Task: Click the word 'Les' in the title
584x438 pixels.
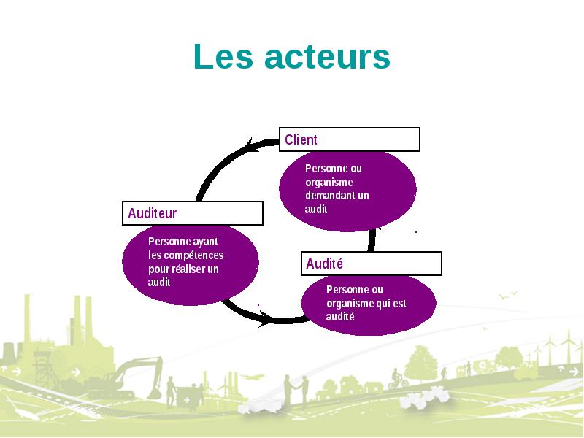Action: coord(223,57)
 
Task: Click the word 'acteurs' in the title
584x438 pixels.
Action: coord(327,57)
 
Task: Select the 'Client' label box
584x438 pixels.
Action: coord(350,139)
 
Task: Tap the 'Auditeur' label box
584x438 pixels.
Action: coord(193,213)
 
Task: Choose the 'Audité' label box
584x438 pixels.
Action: coord(372,264)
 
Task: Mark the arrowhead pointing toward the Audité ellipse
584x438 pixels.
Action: coord(266,319)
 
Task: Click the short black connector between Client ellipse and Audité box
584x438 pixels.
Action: coord(372,240)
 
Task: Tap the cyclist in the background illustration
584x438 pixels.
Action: coord(398,379)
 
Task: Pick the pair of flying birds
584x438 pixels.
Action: coord(508,295)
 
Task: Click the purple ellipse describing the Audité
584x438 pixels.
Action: coord(369,305)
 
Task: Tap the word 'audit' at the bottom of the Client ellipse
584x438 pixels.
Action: coord(316,210)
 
